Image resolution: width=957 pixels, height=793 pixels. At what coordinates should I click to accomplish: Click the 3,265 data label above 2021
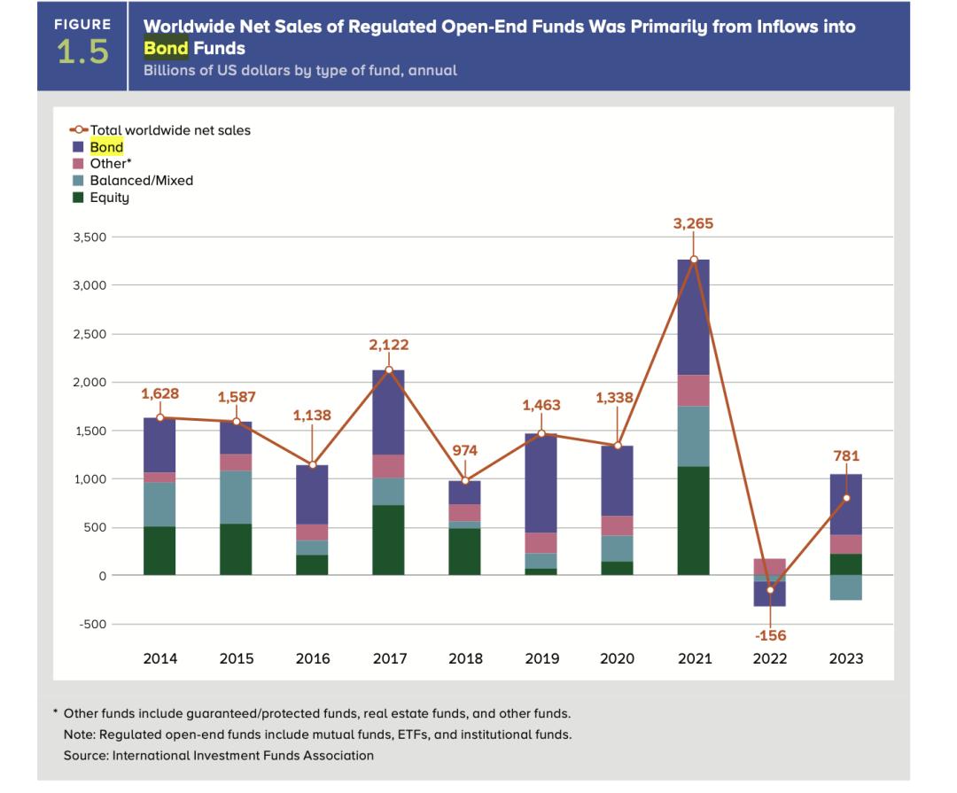(x=693, y=224)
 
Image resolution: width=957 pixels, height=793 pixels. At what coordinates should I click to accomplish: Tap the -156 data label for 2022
(x=769, y=635)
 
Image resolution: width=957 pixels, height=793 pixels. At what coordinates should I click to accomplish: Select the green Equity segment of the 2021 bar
(x=693, y=520)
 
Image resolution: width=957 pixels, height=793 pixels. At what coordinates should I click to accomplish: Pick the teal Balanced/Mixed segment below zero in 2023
(x=845, y=587)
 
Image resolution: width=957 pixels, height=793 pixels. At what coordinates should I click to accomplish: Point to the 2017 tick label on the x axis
(x=388, y=658)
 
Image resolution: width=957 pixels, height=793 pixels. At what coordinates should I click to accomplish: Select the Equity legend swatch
(x=78, y=197)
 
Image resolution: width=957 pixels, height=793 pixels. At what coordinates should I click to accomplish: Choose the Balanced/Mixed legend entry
(x=141, y=180)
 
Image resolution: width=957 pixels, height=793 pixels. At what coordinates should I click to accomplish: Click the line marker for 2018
(x=464, y=480)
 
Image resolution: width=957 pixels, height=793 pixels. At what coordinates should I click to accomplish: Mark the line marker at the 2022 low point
(x=769, y=590)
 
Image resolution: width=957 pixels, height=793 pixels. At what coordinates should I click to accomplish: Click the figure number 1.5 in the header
(x=82, y=53)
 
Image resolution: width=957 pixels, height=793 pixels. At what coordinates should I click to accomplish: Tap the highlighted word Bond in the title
(x=166, y=48)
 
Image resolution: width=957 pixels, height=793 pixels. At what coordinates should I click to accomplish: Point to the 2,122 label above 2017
(x=388, y=345)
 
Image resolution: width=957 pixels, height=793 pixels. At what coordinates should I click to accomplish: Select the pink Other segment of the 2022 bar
(x=769, y=567)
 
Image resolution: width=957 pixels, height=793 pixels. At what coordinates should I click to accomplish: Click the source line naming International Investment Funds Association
(x=219, y=756)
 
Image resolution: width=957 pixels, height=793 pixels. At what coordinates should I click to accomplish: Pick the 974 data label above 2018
(x=464, y=450)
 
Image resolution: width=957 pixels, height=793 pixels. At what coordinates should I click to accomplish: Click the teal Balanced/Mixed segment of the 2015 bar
(x=236, y=497)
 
